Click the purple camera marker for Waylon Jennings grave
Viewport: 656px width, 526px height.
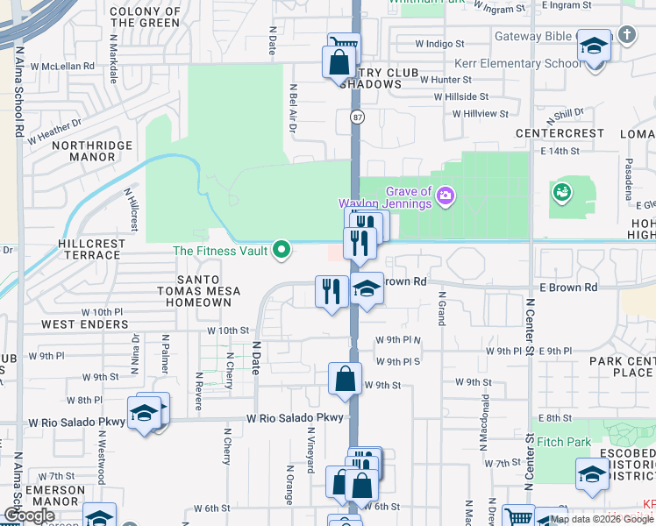(446, 194)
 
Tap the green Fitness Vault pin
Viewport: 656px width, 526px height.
(282, 251)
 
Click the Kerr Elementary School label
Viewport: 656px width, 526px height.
(517, 64)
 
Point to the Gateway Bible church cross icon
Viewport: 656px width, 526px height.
(625, 35)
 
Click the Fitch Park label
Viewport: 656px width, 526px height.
(565, 443)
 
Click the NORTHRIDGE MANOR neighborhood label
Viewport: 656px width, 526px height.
(92, 151)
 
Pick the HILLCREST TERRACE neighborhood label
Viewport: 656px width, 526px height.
(89, 249)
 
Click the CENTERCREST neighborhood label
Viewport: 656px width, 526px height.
(560, 133)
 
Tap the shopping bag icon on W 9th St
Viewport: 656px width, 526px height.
(346, 379)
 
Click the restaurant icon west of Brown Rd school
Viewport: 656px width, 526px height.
(332, 290)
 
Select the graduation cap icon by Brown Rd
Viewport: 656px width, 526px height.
(366, 289)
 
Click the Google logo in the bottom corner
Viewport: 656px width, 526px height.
(29, 515)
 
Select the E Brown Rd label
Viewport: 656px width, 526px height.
(567, 287)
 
